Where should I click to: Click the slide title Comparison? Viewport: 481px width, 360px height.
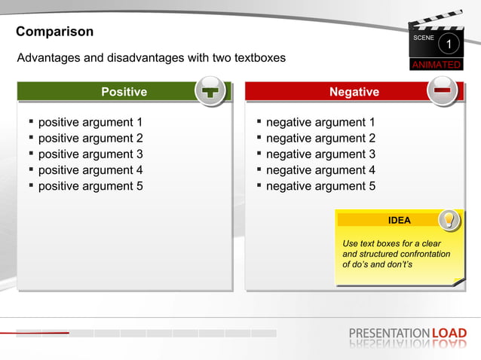[55, 32]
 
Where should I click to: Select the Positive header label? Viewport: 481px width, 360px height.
[124, 92]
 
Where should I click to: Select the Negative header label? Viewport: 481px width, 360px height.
[354, 92]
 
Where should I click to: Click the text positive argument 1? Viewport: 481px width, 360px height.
[90, 122]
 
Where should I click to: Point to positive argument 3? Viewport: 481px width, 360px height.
[90, 154]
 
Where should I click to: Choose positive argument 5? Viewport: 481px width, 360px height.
[90, 186]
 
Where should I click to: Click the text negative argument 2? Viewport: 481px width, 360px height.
[320, 139]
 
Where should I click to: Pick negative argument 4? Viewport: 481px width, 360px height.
[320, 170]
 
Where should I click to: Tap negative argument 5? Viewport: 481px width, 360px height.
[320, 186]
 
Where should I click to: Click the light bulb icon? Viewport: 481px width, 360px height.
[449, 219]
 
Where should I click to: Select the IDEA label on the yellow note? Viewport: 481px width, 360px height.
[399, 221]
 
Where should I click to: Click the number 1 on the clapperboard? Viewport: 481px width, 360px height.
[449, 45]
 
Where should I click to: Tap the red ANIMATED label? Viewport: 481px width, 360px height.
[436, 65]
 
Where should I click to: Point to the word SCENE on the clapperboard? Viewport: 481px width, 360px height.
[424, 38]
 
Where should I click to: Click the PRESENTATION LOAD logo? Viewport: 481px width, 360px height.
[408, 333]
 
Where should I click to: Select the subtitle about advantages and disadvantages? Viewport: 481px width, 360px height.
[152, 58]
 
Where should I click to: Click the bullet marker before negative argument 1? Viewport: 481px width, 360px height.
[259, 122]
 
